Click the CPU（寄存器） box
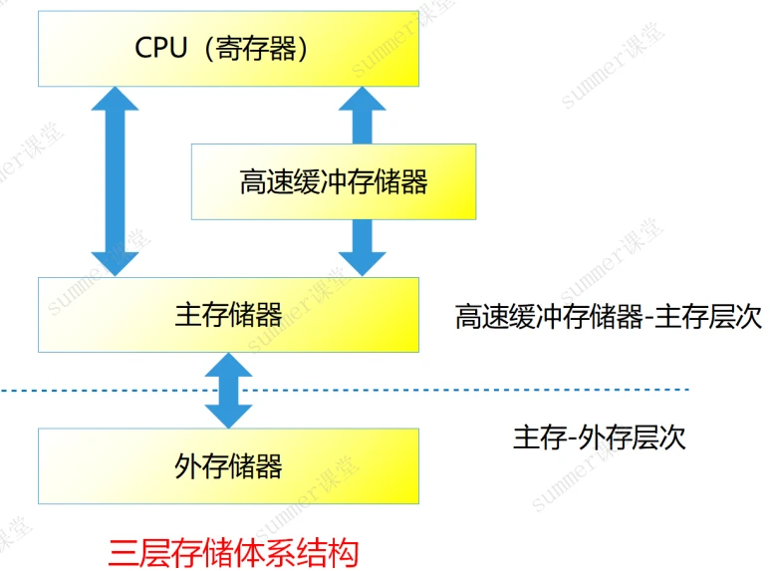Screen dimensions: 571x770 [x=228, y=50]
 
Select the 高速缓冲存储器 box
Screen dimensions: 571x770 [x=333, y=181]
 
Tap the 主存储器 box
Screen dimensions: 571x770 [x=228, y=315]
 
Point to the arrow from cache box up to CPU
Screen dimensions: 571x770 [x=360, y=116]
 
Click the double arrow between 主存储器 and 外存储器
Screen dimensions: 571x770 [x=229, y=391]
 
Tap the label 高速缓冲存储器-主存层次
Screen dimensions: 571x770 [x=608, y=317]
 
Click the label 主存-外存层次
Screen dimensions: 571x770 [x=600, y=436]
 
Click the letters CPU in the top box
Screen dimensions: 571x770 [x=160, y=48]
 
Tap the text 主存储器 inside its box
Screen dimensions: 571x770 [x=228, y=315]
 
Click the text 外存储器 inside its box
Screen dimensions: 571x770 [x=228, y=464]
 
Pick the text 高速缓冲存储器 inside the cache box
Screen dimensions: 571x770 [x=333, y=182]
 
